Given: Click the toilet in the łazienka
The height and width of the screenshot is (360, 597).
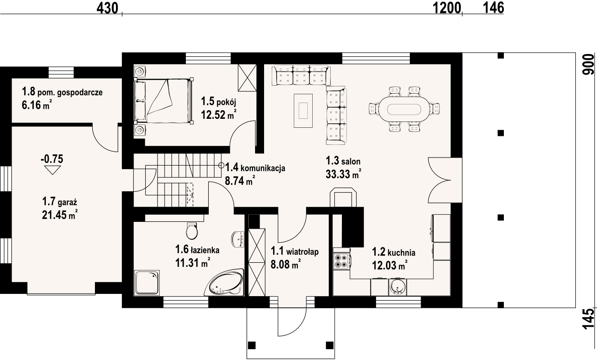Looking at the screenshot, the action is tap(192, 231).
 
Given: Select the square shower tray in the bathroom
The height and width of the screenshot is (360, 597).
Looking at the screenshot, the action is tap(147, 283).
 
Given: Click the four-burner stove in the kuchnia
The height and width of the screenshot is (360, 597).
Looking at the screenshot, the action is tap(341, 261).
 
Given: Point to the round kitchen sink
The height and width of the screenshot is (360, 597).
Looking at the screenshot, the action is tap(397, 287).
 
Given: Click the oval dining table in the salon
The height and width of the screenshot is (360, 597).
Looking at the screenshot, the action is tap(404, 109).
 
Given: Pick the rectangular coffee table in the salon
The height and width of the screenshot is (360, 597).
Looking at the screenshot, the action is tap(303, 110).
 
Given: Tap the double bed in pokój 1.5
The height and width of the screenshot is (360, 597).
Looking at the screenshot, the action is tap(164, 101).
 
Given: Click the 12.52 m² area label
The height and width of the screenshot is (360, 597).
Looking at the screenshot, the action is tap(219, 115).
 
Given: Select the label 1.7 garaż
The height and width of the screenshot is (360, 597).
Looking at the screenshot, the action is tap(59, 202).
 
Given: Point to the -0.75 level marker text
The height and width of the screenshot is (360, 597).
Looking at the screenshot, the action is tap(52, 159).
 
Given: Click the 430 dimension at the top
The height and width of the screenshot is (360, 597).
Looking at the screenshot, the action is tap(107, 8).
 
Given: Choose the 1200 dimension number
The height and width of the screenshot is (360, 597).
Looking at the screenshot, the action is tap(447, 8).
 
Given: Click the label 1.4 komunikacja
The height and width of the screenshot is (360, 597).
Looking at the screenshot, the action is tap(255, 168).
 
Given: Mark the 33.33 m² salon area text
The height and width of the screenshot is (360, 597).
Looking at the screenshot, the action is tap(343, 174).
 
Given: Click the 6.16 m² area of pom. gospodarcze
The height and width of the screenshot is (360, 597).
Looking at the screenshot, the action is tap(36, 105).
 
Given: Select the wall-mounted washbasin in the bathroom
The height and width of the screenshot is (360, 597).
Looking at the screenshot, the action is tap(238, 239).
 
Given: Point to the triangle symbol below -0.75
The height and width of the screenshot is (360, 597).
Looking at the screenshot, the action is tap(52, 170).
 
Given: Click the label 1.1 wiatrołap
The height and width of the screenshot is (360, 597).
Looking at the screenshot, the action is tap(295, 251).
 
